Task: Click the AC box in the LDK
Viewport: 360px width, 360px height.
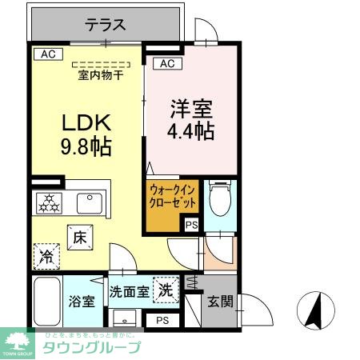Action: pos(47,54)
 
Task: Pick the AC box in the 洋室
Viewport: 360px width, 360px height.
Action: pos(167,63)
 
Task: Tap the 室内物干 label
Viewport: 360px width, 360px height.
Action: pos(100,76)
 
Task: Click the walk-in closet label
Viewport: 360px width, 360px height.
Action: pos(172,198)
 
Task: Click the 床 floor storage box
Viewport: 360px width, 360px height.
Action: pos(80,237)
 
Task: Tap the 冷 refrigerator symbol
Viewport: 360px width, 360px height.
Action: pos(46,256)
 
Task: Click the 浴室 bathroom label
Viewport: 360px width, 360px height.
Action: pos(81,302)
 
